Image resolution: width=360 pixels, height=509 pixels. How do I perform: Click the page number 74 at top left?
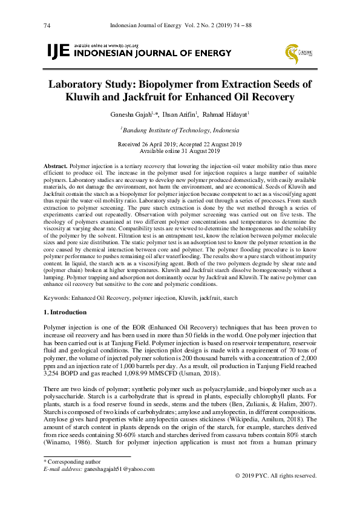(x=47, y=25)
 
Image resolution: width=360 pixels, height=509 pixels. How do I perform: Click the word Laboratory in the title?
(x=79, y=84)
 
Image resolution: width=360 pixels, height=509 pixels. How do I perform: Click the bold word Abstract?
(x=56, y=165)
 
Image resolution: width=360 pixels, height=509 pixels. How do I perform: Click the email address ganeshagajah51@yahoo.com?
(x=120, y=468)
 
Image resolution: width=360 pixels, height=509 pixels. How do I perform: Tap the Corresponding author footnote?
(x=71, y=462)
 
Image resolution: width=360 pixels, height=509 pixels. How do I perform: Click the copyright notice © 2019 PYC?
(x=277, y=476)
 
